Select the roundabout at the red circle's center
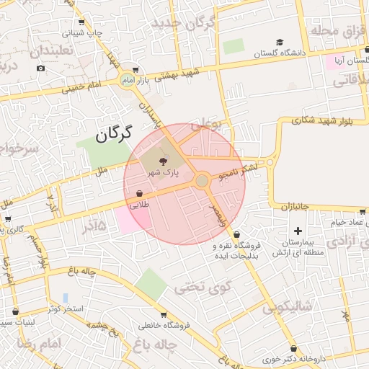(x=203, y=179)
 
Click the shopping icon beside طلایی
(x=138, y=193)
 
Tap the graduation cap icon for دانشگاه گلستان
(x=280, y=42)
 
